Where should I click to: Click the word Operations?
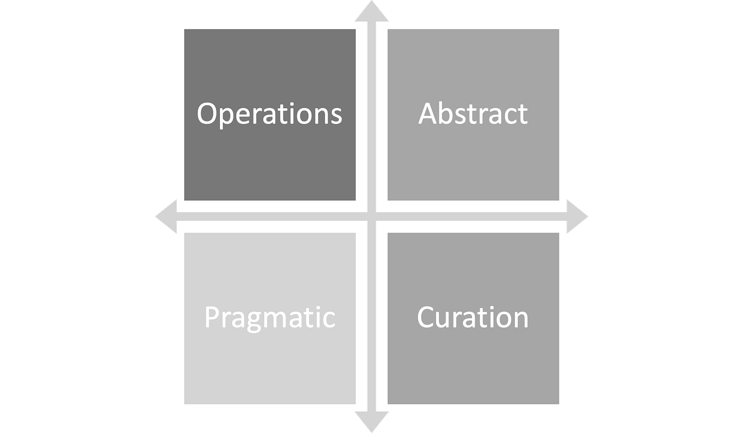(x=269, y=114)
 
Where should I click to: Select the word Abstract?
(x=473, y=114)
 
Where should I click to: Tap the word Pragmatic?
(x=269, y=318)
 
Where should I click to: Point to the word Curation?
(x=473, y=317)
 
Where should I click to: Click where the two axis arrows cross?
(x=371, y=217)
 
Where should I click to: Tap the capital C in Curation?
(x=427, y=317)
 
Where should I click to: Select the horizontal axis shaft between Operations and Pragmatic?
(x=269, y=217)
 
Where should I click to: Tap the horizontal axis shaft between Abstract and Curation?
(x=474, y=217)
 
